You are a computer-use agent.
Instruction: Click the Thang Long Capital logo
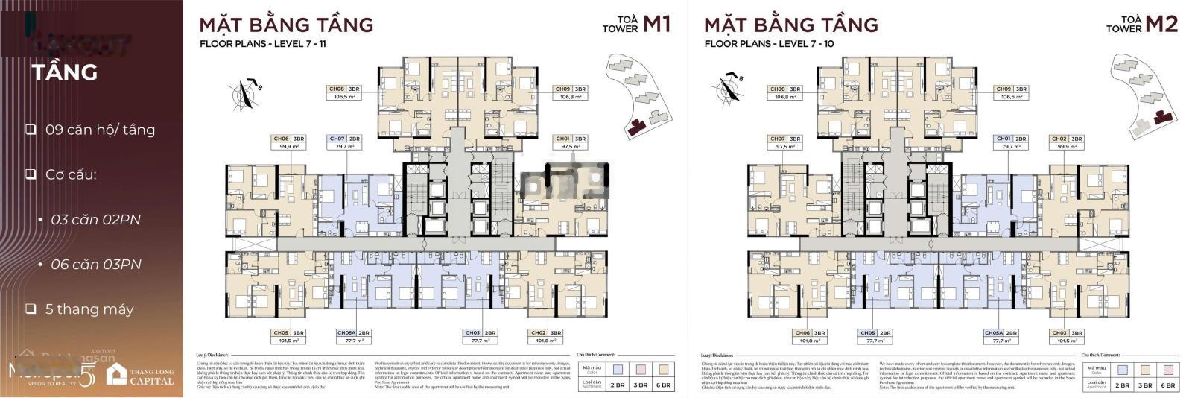[x=141, y=374]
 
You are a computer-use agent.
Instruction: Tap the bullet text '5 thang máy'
[x=89, y=309]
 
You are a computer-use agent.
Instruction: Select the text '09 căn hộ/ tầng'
[x=100, y=130]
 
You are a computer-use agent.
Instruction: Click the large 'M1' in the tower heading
[x=656, y=25]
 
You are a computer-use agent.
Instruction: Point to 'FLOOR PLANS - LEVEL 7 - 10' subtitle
[x=769, y=44]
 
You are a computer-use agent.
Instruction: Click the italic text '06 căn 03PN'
[x=95, y=265]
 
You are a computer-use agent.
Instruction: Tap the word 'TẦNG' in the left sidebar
[x=65, y=72]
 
